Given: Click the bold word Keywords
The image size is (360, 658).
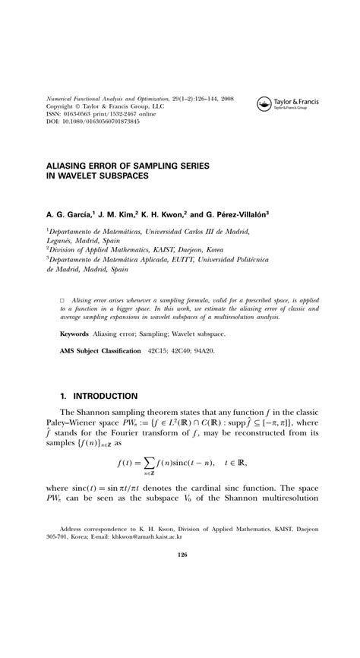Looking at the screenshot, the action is pyautogui.click(x=76, y=334).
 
